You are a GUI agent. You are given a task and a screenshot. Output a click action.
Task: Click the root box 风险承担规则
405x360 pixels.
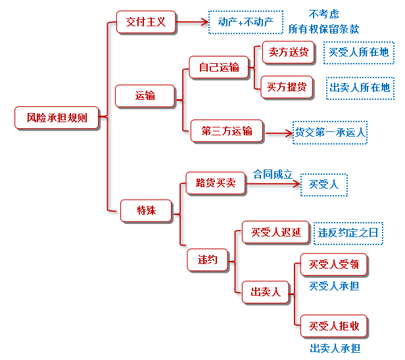pos(57,118)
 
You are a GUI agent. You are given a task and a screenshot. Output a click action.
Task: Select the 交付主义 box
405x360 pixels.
pos(147,22)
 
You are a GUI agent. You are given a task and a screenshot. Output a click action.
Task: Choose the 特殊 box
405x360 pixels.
pos(146,210)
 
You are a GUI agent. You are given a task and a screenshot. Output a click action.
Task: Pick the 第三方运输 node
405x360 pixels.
pos(227,131)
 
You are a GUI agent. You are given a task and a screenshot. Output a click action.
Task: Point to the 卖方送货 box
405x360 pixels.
pos(288,53)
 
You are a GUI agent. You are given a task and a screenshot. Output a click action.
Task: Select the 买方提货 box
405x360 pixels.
pos(288,87)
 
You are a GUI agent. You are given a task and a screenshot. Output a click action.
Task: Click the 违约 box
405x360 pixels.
pos(207,259)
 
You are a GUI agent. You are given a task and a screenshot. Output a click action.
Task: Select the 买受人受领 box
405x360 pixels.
pos(334,265)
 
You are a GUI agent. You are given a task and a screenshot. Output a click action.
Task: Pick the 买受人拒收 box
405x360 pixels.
pos(334,326)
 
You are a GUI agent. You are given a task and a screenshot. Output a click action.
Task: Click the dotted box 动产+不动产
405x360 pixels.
pos(246,22)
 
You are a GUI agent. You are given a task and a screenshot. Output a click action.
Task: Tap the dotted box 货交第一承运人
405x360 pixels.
pos(330,132)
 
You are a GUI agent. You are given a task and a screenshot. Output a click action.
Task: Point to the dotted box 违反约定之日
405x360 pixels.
pos(348,233)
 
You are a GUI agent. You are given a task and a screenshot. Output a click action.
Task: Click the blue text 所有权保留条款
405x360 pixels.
pos(323,30)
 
